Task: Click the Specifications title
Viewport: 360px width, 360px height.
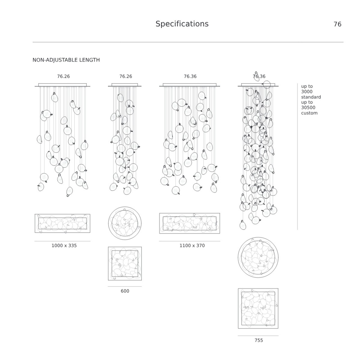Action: pos(182,24)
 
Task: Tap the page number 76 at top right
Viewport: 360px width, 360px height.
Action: pos(337,24)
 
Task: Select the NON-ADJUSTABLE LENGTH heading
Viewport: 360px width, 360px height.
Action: pos(66,60)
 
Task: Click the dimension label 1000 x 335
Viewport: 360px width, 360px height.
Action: pos(64,245)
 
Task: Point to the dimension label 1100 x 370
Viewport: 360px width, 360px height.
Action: pos(192,245)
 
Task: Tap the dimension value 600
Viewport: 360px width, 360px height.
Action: pos(125,291)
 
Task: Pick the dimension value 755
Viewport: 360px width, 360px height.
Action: pos(259,340)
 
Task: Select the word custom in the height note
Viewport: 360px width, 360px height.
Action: pos(309,113)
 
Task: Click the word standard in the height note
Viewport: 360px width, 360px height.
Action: pos(311,97)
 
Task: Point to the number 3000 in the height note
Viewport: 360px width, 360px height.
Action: pos(307,91)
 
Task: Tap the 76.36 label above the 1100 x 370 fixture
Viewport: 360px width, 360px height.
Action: pos(190,76)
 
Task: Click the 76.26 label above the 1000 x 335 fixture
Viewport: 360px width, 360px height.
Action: pos(63,76)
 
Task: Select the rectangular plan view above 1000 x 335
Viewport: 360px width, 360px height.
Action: pos(62,223)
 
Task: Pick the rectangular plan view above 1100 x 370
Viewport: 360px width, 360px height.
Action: pos(190,223)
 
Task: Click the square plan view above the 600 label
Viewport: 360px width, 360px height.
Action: pos(125,264)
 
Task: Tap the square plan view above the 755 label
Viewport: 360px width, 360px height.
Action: pos(258,308)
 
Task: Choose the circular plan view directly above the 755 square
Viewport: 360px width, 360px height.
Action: pos(258,257)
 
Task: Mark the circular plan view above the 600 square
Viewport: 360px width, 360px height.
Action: pos(125,223)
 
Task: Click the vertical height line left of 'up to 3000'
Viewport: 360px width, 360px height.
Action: pos(297,156)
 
